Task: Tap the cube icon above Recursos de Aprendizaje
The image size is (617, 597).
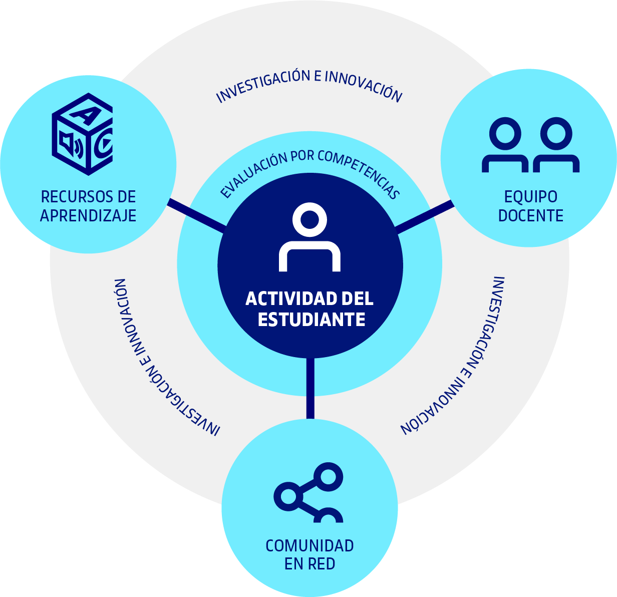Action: pyautogui.click(x=82, y=134)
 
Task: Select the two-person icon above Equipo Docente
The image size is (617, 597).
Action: pyautogui.click(x=530, y=145)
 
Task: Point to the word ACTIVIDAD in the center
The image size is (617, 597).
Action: pyautogui.click(x=288, y=299)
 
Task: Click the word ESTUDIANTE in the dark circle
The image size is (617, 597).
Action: pyautogui.click(x=311, y=320)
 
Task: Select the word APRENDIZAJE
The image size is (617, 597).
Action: pyautogui.click(x=88, y=215)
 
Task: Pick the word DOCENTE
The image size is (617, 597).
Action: pyautogui.click(x=530, y=215)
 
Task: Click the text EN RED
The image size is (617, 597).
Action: pyautogui.click(x=310, y=564)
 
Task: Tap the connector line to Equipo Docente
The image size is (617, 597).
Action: pyautogui.click(x=425, y=216)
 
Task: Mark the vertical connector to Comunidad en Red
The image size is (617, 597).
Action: pyautogui.click(x=311, y=388)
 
